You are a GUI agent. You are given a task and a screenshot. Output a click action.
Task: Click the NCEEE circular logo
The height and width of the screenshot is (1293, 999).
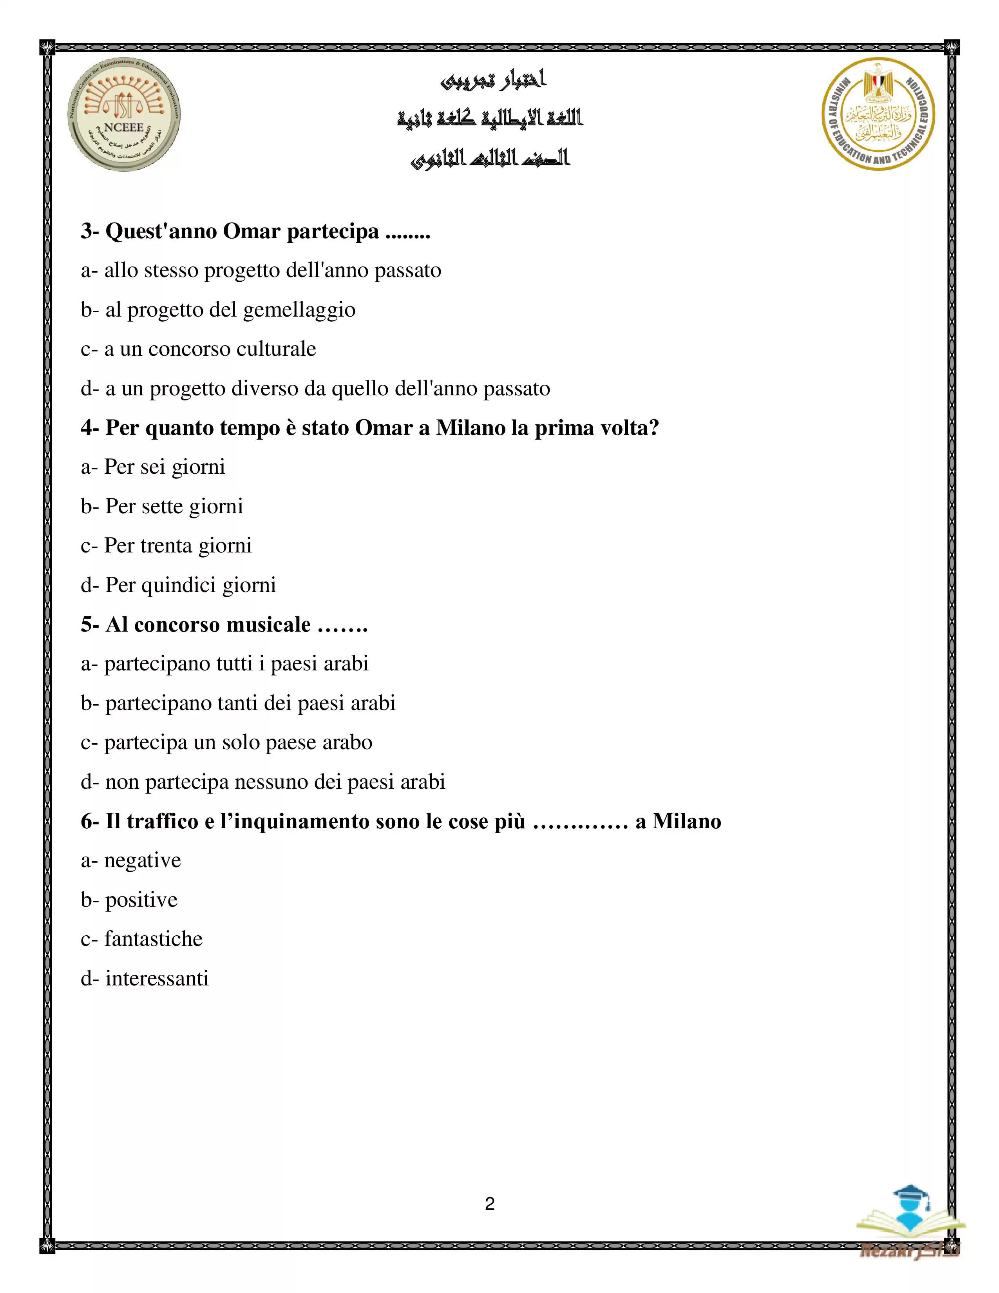[x=124, y=115]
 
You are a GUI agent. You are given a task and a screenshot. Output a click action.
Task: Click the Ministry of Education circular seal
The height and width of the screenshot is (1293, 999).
[x=878, y=114]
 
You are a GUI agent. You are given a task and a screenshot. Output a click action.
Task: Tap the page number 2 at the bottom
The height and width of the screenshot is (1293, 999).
[x=489, y=1204]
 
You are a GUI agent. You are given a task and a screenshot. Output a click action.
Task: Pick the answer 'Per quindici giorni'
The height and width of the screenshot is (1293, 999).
[x=179, y=585]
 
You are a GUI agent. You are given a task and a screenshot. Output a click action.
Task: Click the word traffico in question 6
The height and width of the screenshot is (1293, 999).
[x=162, y=821]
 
